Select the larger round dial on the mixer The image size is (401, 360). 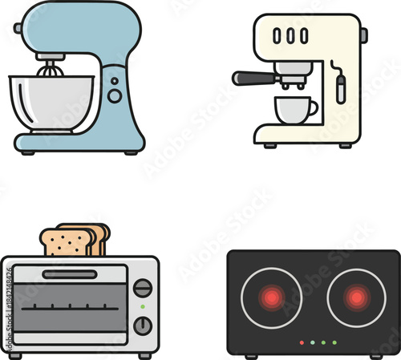tap(115, 95)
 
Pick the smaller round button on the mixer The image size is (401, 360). tap(115, 81)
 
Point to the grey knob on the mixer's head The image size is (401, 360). tap(18, 29)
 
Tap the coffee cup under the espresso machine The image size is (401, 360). tap(294, 110)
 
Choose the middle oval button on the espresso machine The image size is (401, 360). tap(290, 36)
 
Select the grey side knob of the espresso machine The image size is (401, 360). tap(363, 35)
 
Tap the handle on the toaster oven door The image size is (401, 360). tap(70, 274)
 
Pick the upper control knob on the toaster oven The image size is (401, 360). tap(143, 288)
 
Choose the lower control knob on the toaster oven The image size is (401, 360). tap(143, 326)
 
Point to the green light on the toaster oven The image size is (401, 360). tap(143, 307)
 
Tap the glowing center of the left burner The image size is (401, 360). tap(272, 298)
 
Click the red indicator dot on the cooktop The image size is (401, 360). tap(302, 342)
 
